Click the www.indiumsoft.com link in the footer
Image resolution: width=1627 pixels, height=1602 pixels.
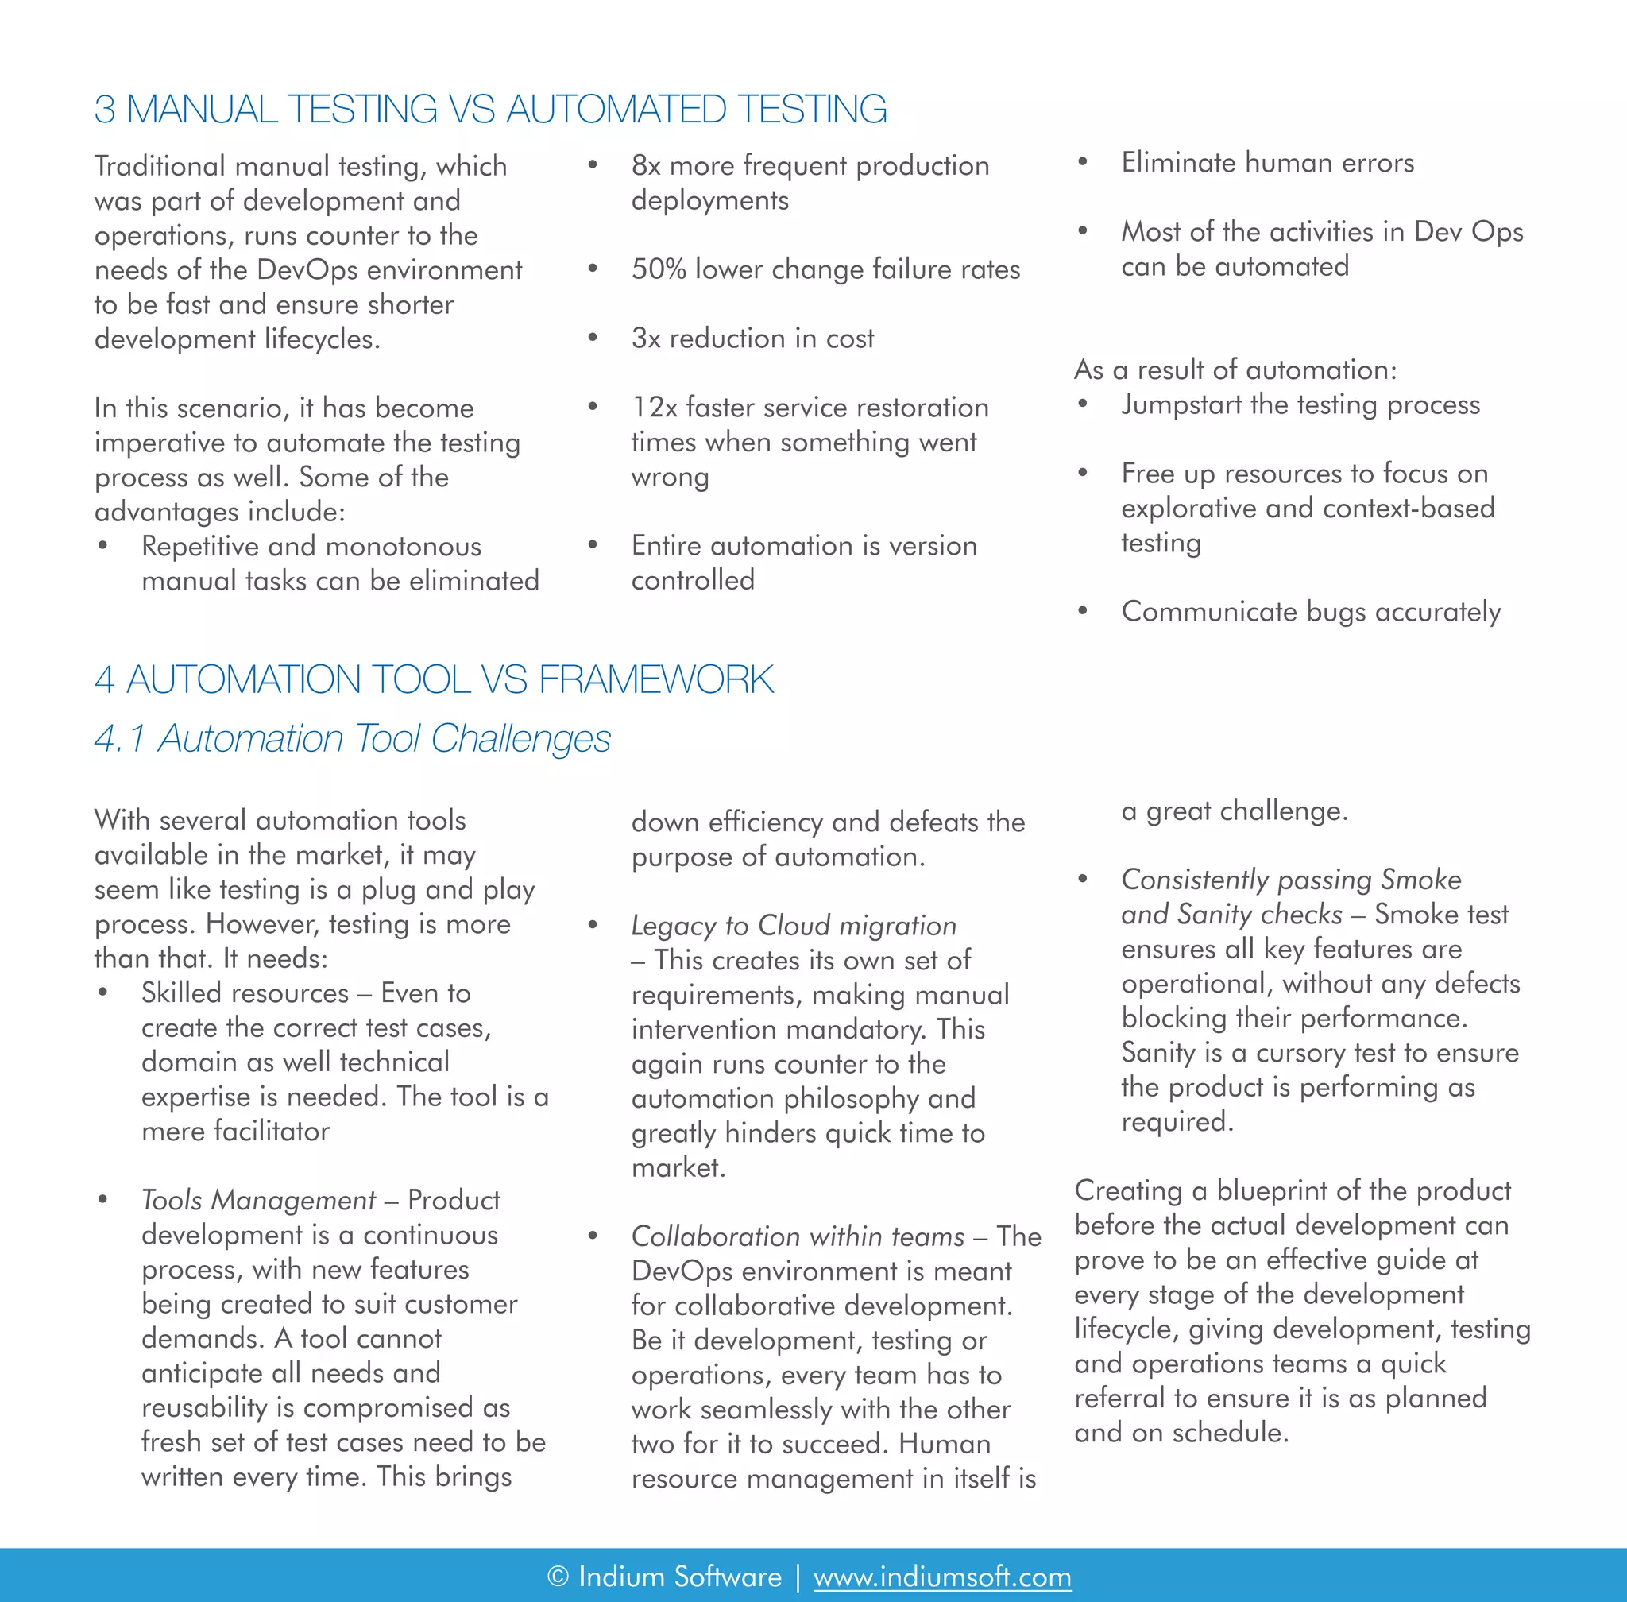[941, 1576]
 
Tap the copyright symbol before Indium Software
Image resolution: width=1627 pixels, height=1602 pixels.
[558, 1576]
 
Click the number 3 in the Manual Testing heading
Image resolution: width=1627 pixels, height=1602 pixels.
[104, 110]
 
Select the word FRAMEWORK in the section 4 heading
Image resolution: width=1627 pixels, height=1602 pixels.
[655, 680]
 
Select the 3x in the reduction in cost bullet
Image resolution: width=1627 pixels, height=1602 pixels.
[646, 339]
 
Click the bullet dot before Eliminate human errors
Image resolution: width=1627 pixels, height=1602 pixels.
[1083, 162]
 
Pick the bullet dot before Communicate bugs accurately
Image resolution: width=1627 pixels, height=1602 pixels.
[1083, 612]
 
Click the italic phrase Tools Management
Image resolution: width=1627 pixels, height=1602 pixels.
[258, 1200]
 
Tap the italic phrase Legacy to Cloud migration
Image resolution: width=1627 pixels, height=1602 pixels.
[794, 926]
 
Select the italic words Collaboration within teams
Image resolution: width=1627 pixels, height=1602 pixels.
[798, 1236]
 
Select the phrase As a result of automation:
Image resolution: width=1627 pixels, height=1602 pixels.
[1235, 370]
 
